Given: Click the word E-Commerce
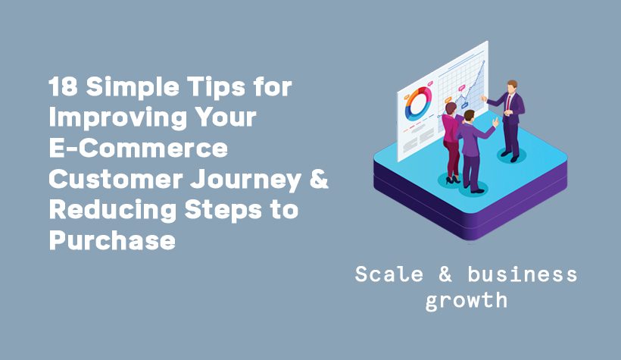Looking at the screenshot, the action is click(139, 148).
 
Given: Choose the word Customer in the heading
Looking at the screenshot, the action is click(116, 179).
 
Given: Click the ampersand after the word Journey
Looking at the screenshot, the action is click(319, 179).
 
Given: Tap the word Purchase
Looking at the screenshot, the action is click(112, 241).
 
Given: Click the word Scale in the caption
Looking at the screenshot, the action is click(389, 274).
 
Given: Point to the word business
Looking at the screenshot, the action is click(522, 274).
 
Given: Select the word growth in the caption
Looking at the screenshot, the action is click(467, 301).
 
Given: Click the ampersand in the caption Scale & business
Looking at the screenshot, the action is click(445, 274).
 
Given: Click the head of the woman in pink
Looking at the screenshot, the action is click(451, 108).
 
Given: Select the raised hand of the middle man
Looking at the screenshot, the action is click(495, 122).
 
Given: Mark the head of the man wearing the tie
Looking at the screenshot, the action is click(512, 86).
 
